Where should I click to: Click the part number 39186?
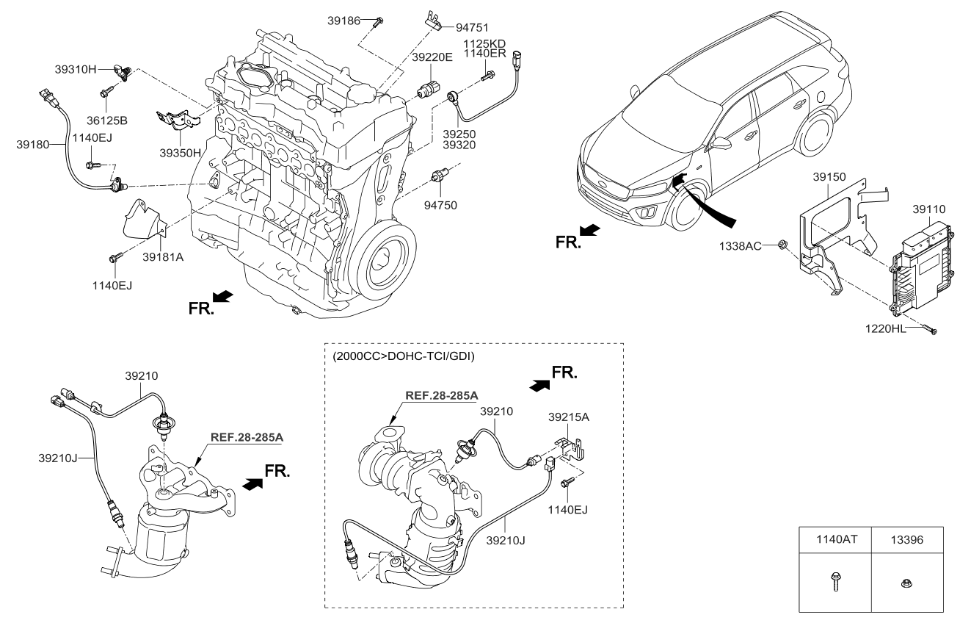tap(343, 21)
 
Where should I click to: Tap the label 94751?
tap(472, 28)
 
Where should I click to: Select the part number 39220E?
tap(432, 57)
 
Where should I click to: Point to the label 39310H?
tap(76, 69)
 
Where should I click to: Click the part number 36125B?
tap(107, 120)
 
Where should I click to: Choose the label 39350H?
tap(181, 153)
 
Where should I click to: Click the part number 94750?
tap(440, 205)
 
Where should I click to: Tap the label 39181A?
tap(163, 257)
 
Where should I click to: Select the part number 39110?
tap(929, 209)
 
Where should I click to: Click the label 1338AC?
tap(741, 246)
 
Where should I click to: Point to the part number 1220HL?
tap(886, 329)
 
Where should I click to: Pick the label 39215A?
tap(569, 417)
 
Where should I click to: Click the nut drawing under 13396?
tap(905, 583)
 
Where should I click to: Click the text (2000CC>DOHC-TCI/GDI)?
tap(404, 356)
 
